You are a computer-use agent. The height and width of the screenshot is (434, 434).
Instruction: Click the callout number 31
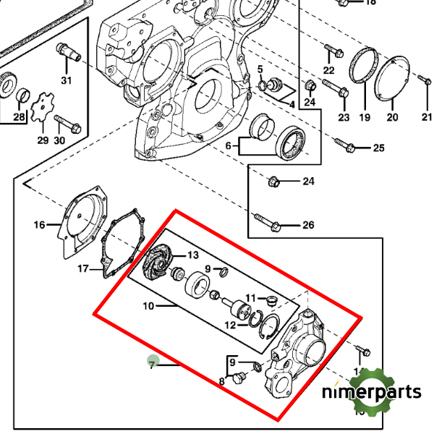point(66,80)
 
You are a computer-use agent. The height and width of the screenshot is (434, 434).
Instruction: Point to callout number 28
point(19,118)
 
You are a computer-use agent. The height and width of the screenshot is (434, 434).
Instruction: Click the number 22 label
point(329,70)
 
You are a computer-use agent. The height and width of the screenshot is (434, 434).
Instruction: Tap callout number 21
point(427,117)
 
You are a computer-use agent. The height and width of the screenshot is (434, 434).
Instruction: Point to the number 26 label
point(307,225)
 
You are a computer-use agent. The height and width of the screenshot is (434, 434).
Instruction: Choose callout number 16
point(39,225)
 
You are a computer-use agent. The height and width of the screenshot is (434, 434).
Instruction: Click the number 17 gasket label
point(84,269)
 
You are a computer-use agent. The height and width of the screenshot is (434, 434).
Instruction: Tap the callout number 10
point(148,306)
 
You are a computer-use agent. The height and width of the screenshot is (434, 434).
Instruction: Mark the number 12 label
point(230,325)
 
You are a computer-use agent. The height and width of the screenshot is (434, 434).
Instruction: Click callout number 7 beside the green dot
point(152,365)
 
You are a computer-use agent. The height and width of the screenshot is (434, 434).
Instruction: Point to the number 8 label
point(222,381)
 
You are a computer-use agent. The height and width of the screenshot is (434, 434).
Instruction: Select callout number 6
point(228,146)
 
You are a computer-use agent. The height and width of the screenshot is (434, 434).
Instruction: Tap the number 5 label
point(260,69)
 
